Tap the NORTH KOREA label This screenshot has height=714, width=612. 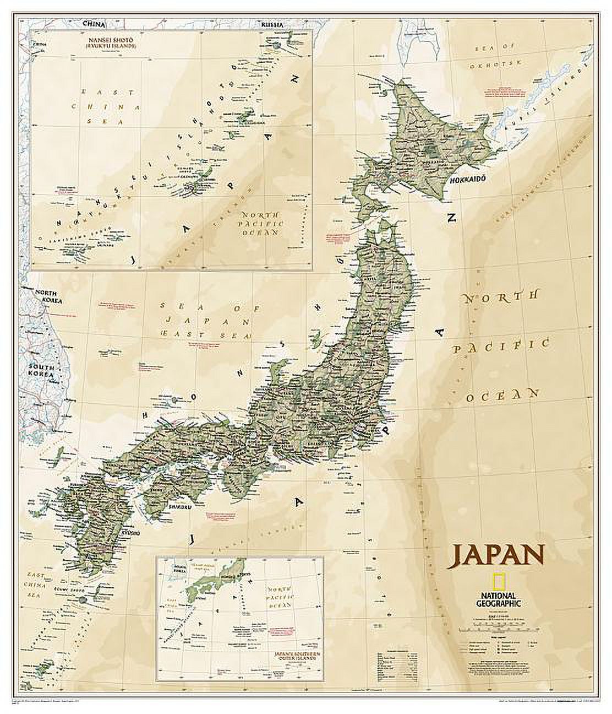pyautogui.click(x=47, y=297)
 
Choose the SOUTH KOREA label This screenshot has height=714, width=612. pyautogui.click(x=41, y=371)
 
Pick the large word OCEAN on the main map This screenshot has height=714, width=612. pyautogui.click(x=502, y=394)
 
